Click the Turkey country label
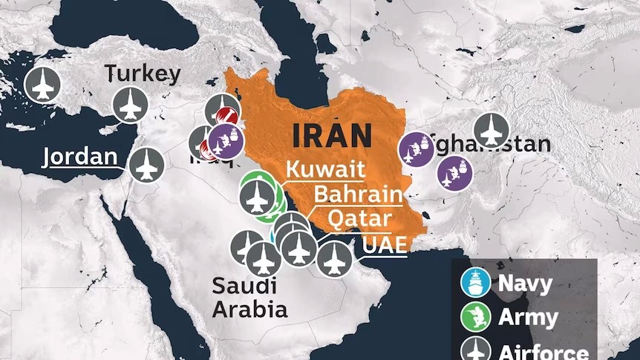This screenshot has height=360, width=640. click(143, 73)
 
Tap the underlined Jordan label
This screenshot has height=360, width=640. click(80, 157)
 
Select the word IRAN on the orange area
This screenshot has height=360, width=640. click(332, 136)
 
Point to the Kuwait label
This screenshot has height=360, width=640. click(325, 169)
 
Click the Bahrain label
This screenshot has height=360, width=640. click(358, 194)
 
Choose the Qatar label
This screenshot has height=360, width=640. click(359, 219)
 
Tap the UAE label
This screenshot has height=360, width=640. click(385, 244)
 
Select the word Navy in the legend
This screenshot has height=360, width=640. click(525, 283)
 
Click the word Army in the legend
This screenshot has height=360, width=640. click(528, 318)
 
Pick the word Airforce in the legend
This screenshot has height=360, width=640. click(543, 352)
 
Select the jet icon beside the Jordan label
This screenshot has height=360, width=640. click(146, 164)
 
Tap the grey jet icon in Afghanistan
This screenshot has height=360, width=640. click(491, 131)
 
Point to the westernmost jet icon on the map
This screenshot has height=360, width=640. click(42, 85)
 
